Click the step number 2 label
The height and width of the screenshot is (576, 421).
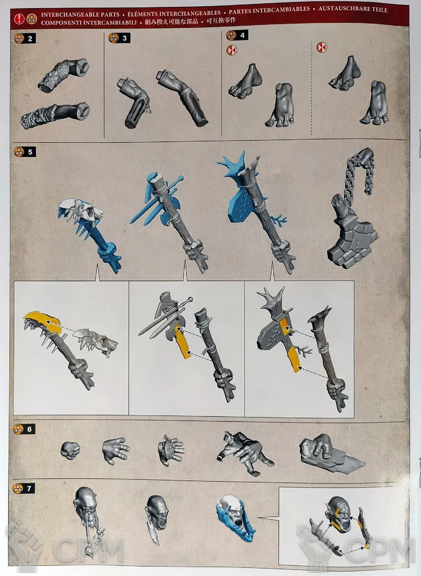(x=30, y=39)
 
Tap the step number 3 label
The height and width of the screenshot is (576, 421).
(x=125, y=38)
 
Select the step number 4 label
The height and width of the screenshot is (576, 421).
(x=242, y=35)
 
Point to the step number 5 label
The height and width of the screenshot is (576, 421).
(x=30, y=152)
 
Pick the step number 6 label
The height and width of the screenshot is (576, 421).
(x=29, y=429)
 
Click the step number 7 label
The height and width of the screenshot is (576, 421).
(x=29, y=488)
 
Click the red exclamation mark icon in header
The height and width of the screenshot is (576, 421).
(x=19, y=19)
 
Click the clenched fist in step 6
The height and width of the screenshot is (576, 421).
(x=70, y=450)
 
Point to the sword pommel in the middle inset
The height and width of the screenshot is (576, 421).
(x=190, y=299)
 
